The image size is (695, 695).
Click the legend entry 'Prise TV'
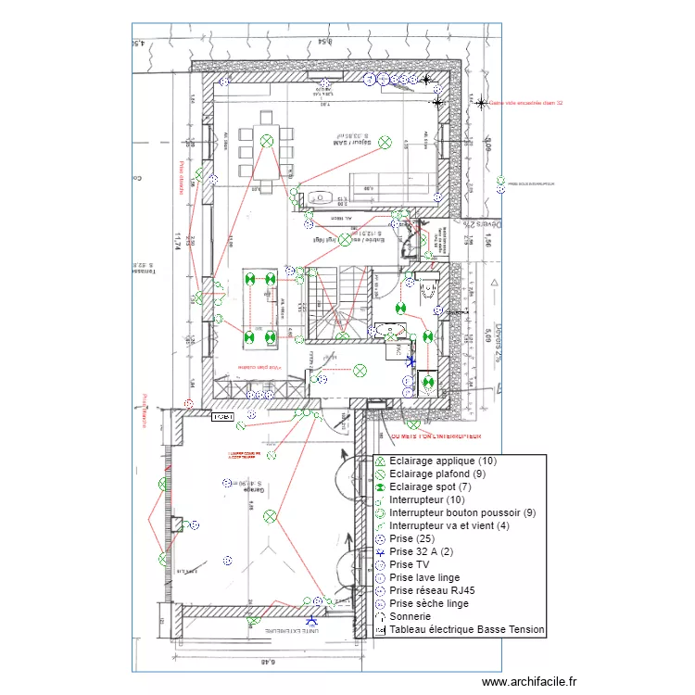click(409, 564)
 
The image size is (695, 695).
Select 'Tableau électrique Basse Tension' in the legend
click(467, 629)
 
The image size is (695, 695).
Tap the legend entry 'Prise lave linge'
click(424, 577)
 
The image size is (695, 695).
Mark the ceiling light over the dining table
click(267, 141)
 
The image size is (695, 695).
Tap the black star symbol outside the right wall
click(480, 103)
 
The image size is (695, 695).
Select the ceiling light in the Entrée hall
click(346, 239)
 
